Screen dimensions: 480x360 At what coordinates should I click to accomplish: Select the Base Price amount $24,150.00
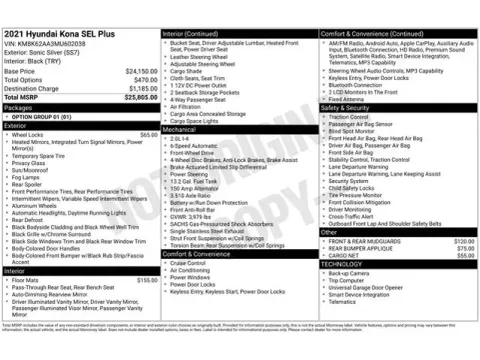[141, 72]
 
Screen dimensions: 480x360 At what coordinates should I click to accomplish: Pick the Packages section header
[19, 107]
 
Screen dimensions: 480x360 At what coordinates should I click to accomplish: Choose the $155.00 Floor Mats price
[146, 280]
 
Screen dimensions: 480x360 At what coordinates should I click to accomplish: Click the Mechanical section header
[180, 129]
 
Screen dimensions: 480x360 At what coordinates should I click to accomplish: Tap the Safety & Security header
[345, 107]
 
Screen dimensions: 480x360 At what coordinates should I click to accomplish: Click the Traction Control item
[350, 116]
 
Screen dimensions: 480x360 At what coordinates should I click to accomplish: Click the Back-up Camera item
[349, 273]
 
